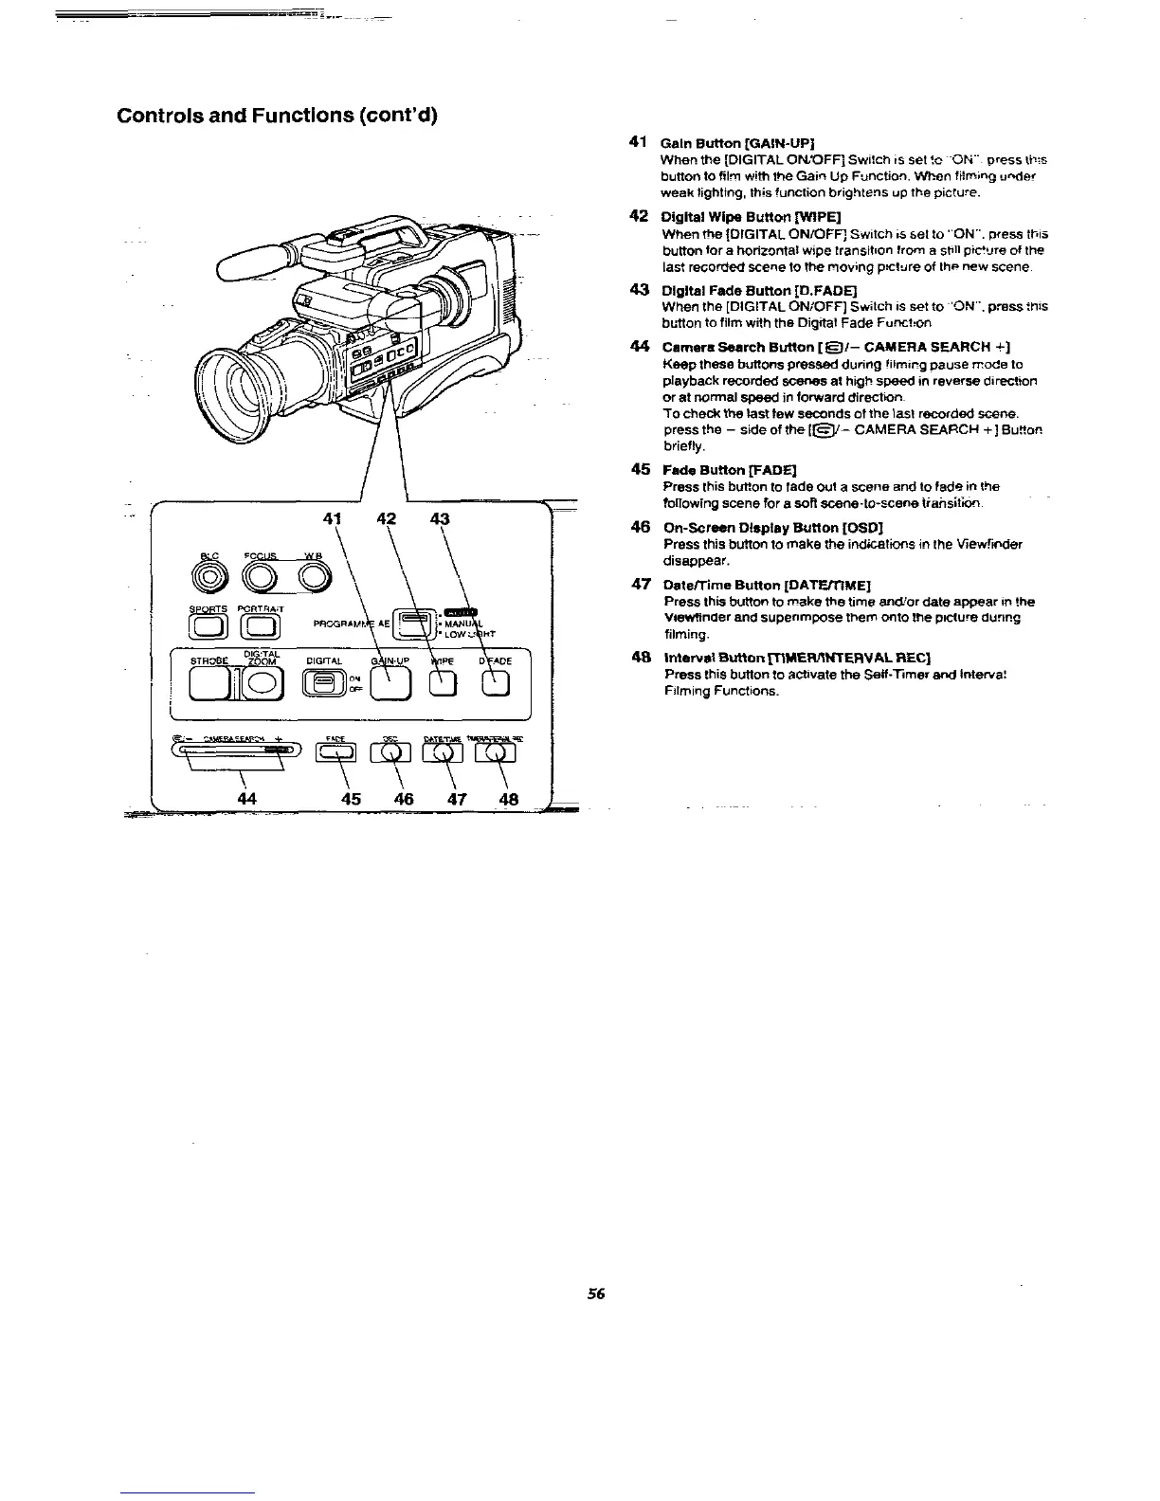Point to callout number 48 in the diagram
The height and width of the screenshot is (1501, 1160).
pyautogui.click(x=508, y=799)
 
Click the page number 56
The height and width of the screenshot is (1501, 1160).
pyautogui.click(x=595, y=1293)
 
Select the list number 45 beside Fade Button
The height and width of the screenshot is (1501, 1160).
pyautogui.click(x=640, y=469)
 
